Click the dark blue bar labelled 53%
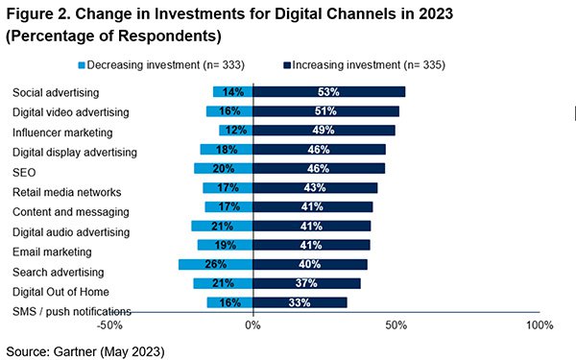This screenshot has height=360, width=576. click(329, 92)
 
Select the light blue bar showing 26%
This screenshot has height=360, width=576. click(216, 265)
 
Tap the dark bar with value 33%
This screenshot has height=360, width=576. click(300, 302)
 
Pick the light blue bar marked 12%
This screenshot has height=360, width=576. click(236, 131)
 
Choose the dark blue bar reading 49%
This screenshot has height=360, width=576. click(324, 131)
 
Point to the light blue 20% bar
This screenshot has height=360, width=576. click(224, 169)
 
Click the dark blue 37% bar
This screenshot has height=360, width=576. click(307, 283)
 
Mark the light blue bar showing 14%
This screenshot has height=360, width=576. click(233, 92)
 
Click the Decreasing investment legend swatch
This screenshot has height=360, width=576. click(82, 65)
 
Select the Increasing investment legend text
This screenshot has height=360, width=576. click(369, 65)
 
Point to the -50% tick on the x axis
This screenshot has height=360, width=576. click(109, 325)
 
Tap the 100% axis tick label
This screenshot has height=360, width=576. click(540, 325)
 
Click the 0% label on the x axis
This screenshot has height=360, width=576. click(253, 325)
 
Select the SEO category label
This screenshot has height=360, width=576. click(24, 173)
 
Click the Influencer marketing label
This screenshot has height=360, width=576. click(62, 132)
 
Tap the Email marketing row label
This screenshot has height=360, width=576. click(52, 252)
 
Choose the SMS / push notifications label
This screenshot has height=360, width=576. click(72, 312)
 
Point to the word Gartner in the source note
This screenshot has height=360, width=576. click(75, 351)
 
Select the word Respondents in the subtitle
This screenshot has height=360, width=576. click(167, 36)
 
